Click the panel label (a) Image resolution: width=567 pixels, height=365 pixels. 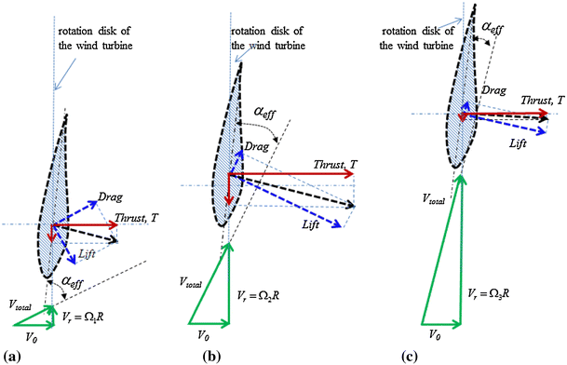click(x=11, y=356)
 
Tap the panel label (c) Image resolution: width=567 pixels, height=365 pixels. click(x=407, y=356)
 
